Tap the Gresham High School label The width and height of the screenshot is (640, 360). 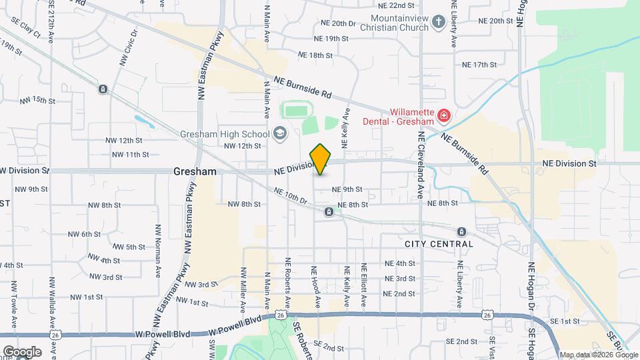tap(223, 133)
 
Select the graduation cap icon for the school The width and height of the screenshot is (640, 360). tap(279, 133)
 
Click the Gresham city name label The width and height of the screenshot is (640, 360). tap(195, 171)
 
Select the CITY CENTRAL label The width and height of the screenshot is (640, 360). tap(439, 244)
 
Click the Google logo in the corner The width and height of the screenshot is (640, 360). tap(21, 351)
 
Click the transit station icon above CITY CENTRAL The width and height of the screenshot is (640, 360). tap(461, 231)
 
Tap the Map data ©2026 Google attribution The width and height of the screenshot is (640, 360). tap(599, 355)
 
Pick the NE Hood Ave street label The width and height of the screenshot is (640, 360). tap(317, 287)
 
